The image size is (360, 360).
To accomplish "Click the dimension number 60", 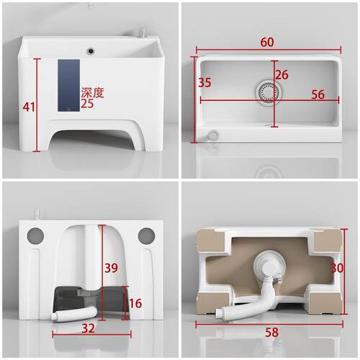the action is coord(267,42).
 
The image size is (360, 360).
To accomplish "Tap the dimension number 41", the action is coord(29,107).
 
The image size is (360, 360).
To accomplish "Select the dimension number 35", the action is coord(204,82).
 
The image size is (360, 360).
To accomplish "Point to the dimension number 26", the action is coord(282,75).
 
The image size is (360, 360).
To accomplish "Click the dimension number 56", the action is coord(318,94).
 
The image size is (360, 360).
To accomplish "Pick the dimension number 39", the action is coord(111,268).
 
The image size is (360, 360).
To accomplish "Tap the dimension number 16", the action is coord(135,303).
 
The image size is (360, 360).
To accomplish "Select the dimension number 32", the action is coord(88,328).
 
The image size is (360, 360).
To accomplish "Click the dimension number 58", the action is coord(271,333).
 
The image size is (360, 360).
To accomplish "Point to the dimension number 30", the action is coord(337,268).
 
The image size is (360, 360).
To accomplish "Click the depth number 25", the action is coord(87,104).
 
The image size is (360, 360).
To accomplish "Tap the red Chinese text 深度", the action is coord(92,93).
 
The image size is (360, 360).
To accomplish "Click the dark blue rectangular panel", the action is coord(68,86).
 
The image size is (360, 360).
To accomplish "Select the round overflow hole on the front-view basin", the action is coord(90,51).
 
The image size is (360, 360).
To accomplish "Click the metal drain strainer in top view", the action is coord(269,92).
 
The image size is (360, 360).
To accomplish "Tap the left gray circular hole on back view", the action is coord(35,235).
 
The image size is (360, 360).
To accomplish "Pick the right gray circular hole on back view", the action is coord(146,235).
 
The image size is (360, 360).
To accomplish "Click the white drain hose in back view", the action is coord(74,314).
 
